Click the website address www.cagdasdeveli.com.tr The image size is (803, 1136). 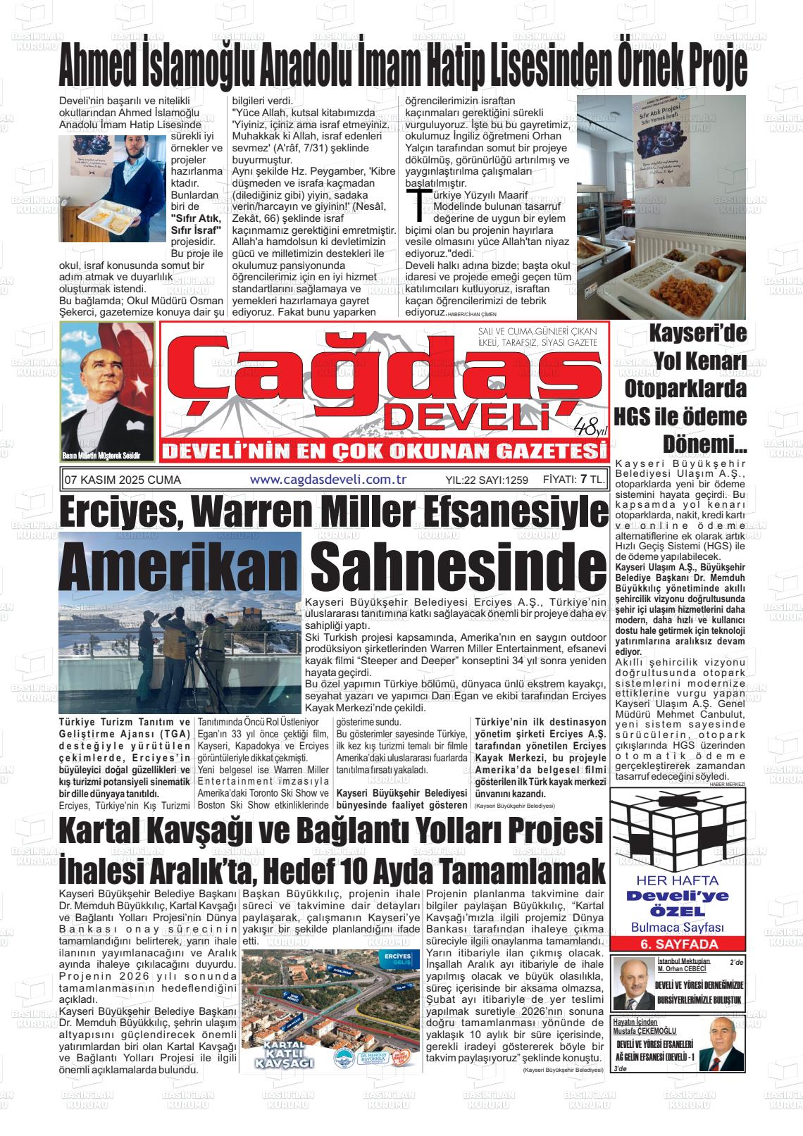click(329, 480)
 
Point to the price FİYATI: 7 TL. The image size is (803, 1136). click(574, 480)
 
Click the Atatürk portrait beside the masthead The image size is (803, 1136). click(108, 392)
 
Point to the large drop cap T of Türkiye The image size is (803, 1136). click(421, 203)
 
